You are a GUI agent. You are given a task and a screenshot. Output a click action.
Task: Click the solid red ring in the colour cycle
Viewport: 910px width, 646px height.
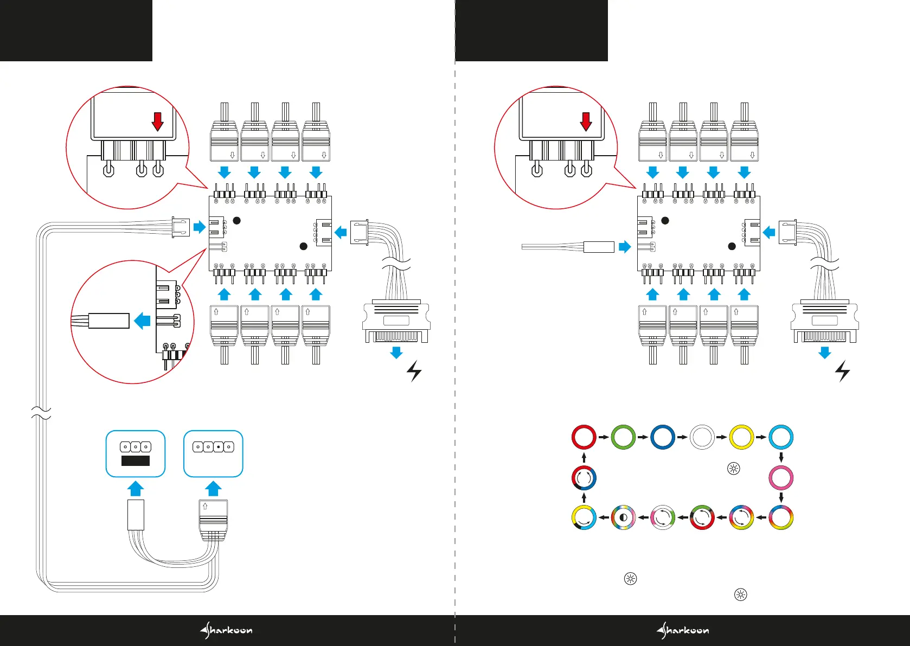(584, 437)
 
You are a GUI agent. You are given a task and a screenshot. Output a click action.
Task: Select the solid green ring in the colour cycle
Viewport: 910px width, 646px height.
(623, 437)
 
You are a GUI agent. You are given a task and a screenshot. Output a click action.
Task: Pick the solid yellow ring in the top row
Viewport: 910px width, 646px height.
(741, 437)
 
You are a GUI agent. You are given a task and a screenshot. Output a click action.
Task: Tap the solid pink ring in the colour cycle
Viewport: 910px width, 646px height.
(781, 478)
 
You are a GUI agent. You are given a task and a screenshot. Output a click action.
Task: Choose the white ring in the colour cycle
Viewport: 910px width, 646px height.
(702, 437)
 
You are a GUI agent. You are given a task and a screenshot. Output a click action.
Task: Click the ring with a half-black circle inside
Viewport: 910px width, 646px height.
(623, 517)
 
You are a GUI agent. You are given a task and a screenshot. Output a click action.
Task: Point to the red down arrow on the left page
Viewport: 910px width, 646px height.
(157, 121)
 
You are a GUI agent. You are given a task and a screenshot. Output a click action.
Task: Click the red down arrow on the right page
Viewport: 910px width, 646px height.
(586, 121)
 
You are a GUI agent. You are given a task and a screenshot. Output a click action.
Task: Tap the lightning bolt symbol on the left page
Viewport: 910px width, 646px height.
(414, 371)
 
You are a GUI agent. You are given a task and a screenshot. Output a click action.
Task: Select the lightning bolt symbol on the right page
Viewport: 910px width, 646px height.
(842, 371)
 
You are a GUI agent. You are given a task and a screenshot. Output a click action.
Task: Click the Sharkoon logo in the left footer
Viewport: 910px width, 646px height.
(226, 630)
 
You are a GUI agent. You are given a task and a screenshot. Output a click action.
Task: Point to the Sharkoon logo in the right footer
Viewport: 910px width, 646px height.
(682, 630)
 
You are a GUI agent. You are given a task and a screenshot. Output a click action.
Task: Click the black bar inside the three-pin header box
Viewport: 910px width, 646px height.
(135, 460)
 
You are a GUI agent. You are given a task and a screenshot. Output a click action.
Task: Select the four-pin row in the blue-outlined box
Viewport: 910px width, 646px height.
(213, 447)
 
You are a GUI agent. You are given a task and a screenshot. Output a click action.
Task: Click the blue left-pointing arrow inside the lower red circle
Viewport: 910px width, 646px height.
(142, 321)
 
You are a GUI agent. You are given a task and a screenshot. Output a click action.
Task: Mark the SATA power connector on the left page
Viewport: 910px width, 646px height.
(396, 323)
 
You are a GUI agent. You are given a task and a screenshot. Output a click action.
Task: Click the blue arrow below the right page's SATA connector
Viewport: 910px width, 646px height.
(824, 353)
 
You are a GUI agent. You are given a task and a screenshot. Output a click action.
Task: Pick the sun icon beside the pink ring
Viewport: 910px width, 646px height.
(733, 469)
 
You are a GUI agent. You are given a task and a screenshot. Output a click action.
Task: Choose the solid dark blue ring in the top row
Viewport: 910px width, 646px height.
(663, 437)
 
